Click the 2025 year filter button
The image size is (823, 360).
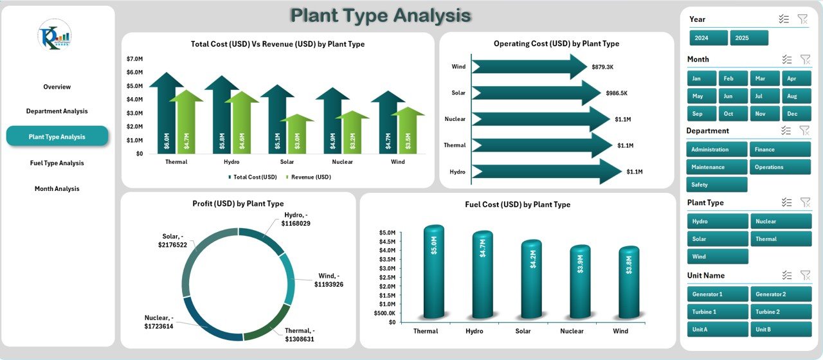point(749,38)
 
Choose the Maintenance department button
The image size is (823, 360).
point(717,167)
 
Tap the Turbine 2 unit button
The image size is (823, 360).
point(781,312)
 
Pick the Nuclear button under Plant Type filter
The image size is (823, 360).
point(781,221)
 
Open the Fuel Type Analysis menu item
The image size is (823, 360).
point(57,163)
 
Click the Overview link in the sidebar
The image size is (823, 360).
point(57,87)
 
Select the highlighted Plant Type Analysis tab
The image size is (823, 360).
point(57,137)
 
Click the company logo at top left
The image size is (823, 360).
point(55,35)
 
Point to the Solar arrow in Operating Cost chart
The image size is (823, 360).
point(534,93)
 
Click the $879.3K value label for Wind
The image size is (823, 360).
point(602,67)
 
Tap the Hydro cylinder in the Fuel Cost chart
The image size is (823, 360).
point(482,273)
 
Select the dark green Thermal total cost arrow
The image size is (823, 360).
point(166,116)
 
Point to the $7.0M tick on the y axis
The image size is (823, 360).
point(134,59)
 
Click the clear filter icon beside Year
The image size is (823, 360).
point(803,19)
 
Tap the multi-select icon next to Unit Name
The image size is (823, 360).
point(786,275)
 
